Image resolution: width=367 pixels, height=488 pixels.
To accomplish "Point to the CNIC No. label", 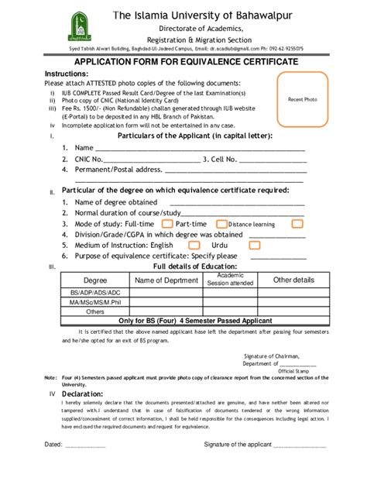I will (x=91, y=159).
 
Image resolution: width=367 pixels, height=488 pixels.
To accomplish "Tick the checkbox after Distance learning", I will (x=297, y=223).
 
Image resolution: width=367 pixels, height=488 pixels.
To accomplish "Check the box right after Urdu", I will (x=253, y=244).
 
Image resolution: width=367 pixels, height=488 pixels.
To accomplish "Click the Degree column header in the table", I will (x=95, y=280).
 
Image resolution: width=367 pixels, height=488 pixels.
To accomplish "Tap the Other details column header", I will (x=293, y=280).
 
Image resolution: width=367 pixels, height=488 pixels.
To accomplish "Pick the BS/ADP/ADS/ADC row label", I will (x=95, y=292).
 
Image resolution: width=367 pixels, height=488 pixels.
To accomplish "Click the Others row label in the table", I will (x=95, y=311).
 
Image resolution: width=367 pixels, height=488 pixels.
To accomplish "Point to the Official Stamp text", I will (x=293, y=370).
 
